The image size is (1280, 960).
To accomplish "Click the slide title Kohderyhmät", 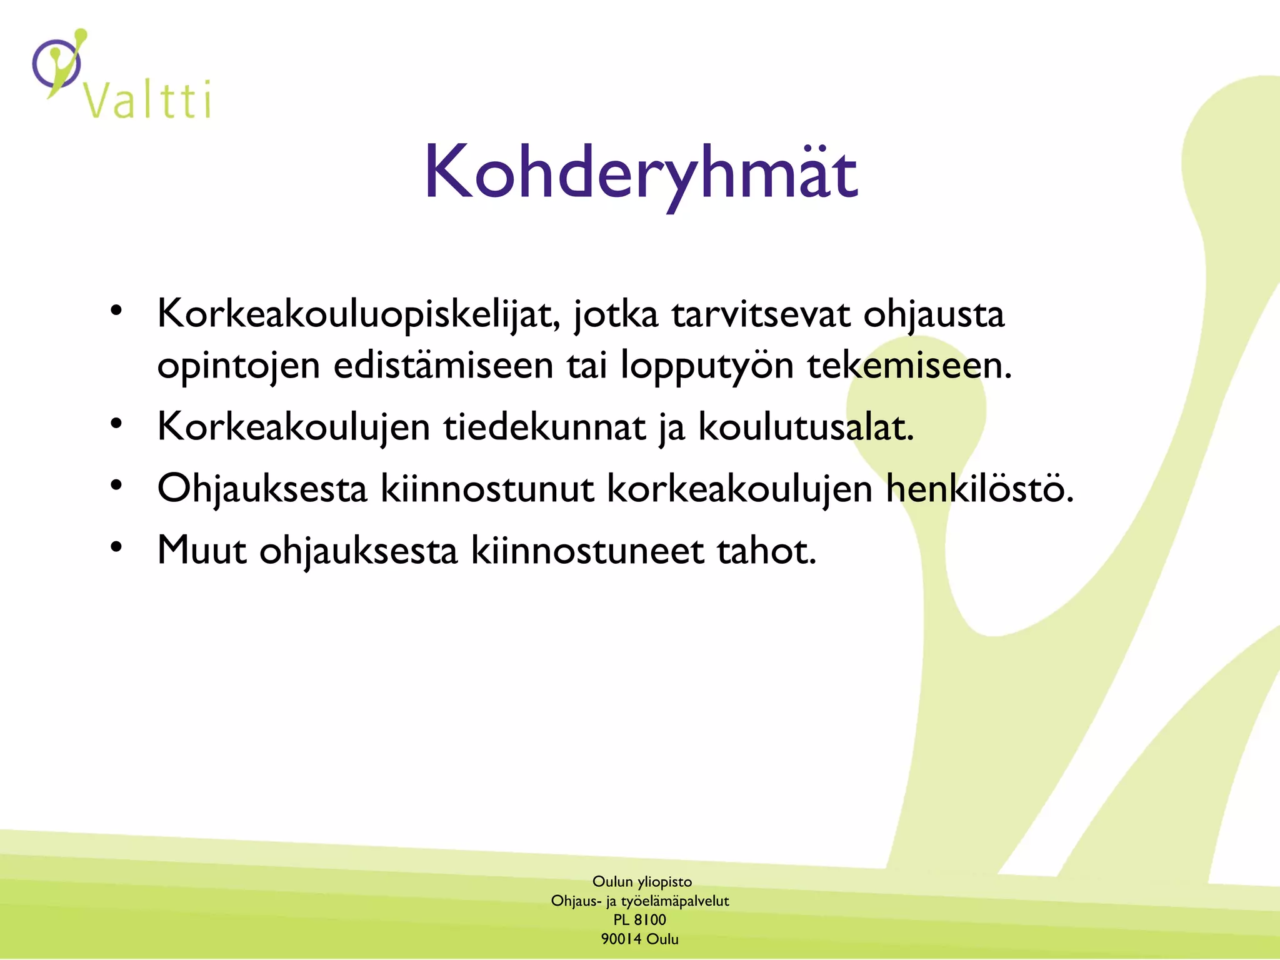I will (x=641, y=172).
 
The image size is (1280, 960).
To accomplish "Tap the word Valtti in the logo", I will (x=147, y=100).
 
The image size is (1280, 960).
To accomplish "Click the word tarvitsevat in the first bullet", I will (x=761, y=314).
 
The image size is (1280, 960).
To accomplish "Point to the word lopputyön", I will (x=707, y=366).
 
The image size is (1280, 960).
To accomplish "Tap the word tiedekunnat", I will (x=544, y=427).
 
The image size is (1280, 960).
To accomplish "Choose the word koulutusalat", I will (x=806, y=427).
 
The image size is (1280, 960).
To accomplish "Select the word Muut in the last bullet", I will (x=201, y=551).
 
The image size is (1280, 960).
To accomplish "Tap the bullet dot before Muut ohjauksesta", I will (x=116, y=547).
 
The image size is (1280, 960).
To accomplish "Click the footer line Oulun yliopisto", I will (x=642, y=882).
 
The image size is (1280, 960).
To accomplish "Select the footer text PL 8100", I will (x=639, y=920).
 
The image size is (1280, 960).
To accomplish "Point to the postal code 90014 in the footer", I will (x=621, y=939).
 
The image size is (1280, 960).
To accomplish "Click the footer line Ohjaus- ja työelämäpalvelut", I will (x=640, y=901).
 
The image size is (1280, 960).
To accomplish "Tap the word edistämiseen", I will (x=443, y=366).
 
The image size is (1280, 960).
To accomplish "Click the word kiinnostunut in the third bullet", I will (x=487, y=488).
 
